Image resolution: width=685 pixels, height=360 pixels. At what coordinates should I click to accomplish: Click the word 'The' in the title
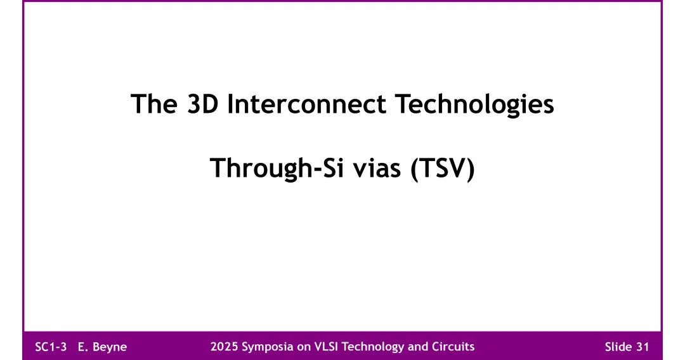pyautogui.click(x=153, y=104)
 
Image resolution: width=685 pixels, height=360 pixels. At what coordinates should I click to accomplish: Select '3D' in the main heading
pyautogui.click(x=203, y=104)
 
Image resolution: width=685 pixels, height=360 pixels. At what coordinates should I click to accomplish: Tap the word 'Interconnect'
pyautogui.click(x=306, y=104)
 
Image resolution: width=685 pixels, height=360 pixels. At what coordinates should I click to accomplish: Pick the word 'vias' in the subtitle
pyautogui.click(x=377, y=169)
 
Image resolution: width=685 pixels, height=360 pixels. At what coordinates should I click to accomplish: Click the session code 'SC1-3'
pyautogui.click(x=51, y=347)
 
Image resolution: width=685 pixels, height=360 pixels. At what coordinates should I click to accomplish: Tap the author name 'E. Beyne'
pyautogui.click(x=102, y=347)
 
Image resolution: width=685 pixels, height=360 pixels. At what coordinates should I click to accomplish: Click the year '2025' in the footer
pyautogui.click(x=224, y=347)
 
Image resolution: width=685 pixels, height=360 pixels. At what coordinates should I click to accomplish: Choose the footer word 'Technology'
pyautogui.click(x=373, y=347)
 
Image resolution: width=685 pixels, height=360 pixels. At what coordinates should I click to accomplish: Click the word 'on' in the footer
pyautogui.click(x=304, y=347)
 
